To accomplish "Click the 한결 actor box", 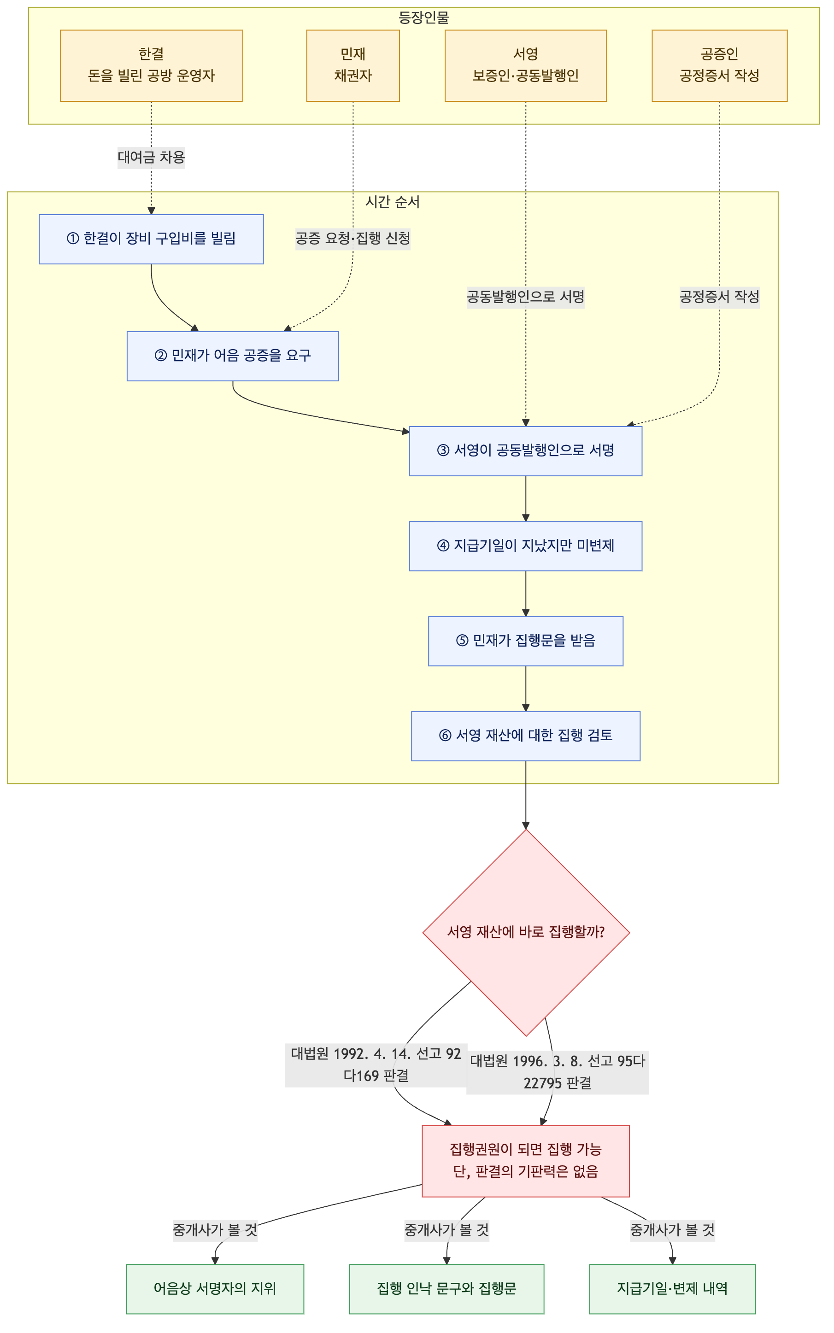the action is point(151,65).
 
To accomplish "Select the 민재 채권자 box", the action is point(353,65).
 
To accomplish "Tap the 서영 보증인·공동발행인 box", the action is point(526,65).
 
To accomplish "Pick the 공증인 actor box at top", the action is point(719,65).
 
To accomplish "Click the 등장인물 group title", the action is point(423,18).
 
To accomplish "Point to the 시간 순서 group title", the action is point(392,202).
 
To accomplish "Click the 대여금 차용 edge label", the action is point(151,157).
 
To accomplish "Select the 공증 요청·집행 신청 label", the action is point(353,238).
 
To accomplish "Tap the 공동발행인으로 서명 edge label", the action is point(526,297).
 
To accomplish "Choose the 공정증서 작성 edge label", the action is point(719,297).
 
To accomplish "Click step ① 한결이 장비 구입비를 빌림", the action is point(151,239).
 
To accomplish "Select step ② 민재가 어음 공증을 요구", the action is point(233,356).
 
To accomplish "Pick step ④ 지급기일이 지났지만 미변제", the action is point(526,546).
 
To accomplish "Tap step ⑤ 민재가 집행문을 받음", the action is point(526,641).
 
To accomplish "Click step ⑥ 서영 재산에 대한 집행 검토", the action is point(526,736).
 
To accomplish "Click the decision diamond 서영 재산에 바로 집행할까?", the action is point(526,932).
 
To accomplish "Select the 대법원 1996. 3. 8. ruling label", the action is point(558,1072).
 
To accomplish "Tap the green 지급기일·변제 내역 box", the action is point(672,1289).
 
